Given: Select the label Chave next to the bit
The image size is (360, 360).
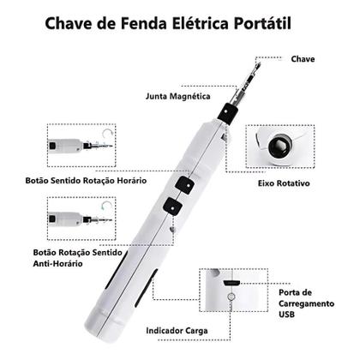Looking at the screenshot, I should click(x=303, y=60).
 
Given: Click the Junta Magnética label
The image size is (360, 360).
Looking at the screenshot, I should click(x=177, y=96).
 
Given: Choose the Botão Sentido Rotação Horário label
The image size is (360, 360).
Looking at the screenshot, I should click(x=86, y=183).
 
